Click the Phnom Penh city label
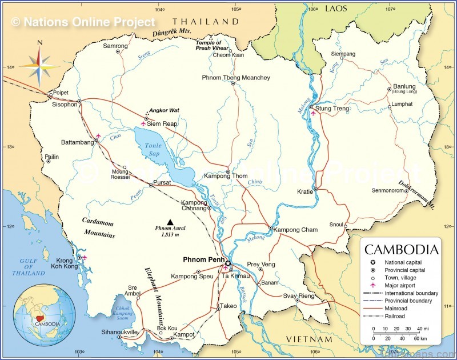pos(203,259)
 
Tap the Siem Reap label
pos(162,123)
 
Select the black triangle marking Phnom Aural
pos(169,221)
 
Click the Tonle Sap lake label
pos(153,149)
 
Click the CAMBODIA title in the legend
pos(402,250)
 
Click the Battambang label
pos(77,142)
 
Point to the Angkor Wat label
pos(165,110)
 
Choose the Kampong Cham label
pos(295,230)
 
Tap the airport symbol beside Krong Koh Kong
pos(85,258)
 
